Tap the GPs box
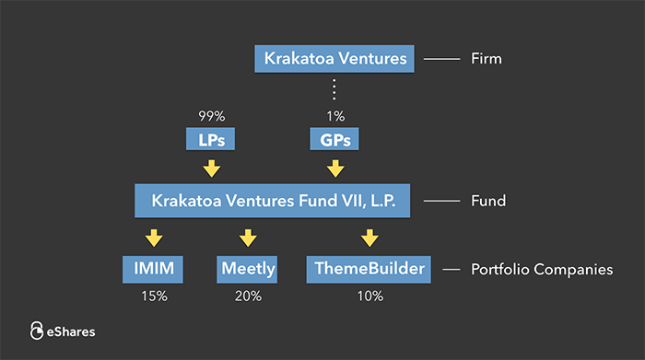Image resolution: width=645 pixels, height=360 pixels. [335, 140]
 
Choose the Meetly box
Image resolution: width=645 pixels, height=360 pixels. [247, 270]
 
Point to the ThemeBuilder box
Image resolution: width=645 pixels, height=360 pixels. [369, 270]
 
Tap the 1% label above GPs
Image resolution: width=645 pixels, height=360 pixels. [335, 116]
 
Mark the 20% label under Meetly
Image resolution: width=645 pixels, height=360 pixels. [247, 296]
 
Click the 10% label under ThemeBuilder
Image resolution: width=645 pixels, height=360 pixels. [369, 296]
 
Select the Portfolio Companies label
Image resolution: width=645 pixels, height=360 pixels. [542, 270]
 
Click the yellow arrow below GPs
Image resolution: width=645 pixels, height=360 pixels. [335, 168]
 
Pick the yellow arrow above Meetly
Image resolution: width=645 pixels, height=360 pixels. [247, 238]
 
